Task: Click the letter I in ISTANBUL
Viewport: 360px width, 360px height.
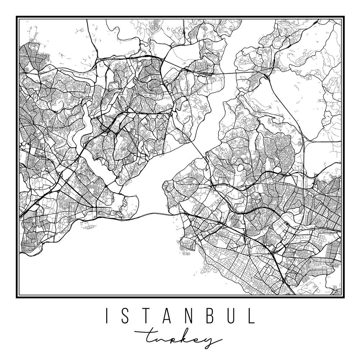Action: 107,316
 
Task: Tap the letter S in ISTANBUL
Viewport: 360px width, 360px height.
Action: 125,316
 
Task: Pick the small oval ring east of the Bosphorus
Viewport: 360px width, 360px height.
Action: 240,167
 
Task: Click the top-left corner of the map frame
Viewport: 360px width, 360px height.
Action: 17,17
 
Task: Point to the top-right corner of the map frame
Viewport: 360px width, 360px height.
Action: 343,17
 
